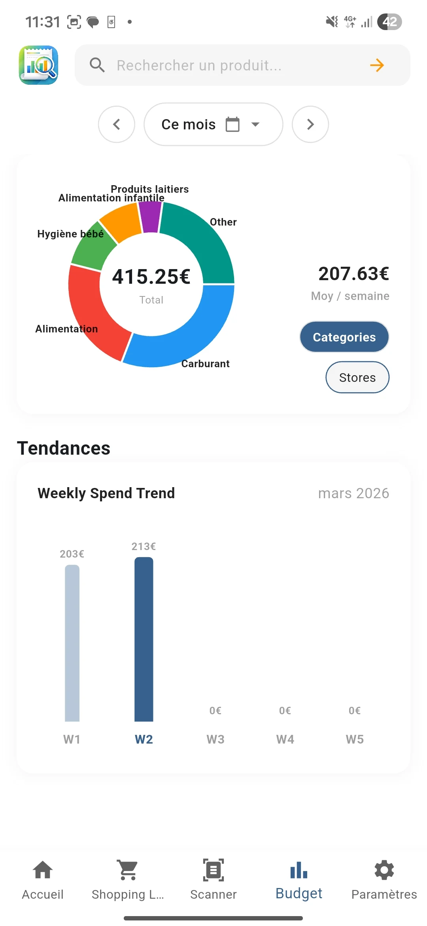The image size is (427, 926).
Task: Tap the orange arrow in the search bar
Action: (x=377, y=65)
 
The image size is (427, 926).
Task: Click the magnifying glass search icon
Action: (x=97, y=65)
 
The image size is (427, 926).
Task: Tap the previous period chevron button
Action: (x=117, y=124)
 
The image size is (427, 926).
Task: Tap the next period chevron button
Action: (x=310, y=124)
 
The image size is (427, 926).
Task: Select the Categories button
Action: (x=344, y=337)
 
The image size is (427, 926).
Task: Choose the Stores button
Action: (x=357, y=378)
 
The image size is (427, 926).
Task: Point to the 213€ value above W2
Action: (x=144, y=546)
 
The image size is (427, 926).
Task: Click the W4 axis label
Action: (x=285, y=739)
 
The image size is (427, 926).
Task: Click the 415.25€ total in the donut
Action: (x=151, y=276)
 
